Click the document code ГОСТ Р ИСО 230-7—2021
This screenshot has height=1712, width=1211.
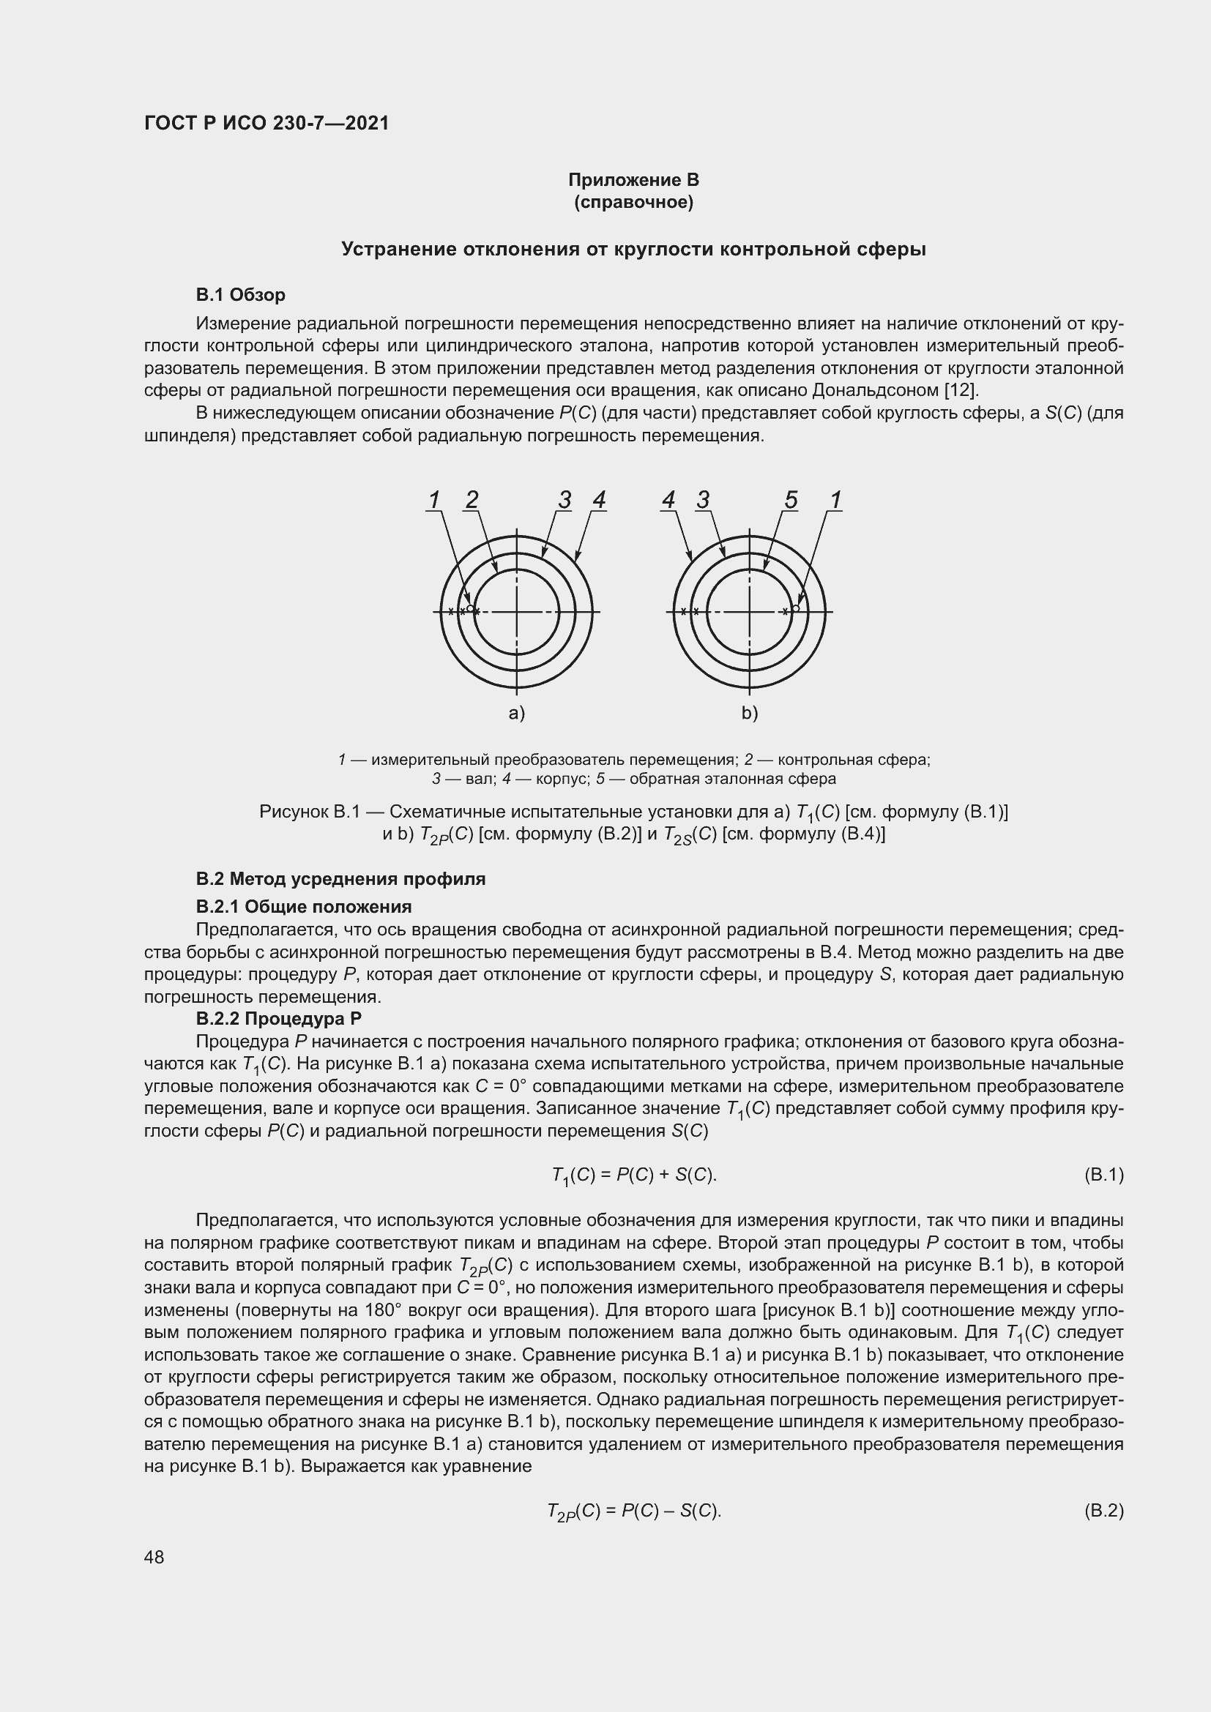pyautogui.click(x=267, y=123)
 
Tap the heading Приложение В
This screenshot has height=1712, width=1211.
pyautogui.click(x=633, y=180)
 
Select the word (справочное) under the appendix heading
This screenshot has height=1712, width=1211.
pyautogui.click(x=633, y=202)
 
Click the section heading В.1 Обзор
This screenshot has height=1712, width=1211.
pyautogui.click(x=240, y=295)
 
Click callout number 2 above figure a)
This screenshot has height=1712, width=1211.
pyautogui.click(x=472, y=500)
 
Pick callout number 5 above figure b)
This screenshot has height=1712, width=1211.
pyautogui.click(x=791, y=500)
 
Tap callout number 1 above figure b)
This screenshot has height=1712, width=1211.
pyautogui.click(x=836, y=500)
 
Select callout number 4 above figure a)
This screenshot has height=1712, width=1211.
pyautogui.click(x=599, y=500)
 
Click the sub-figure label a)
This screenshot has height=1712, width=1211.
pyautogui.click(x=517, y=713)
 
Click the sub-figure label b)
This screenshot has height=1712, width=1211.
pyautogui.click(x=750, y=713)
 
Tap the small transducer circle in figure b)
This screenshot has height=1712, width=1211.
pyautogui.click(x=796, y=608)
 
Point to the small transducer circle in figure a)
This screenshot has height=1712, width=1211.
pyautogui.click(x=470, y=608)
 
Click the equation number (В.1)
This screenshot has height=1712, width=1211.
pyautogui.click(x=1103, y=1176)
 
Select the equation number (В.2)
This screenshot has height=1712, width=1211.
pyautogui.click(x=1103, y=1511)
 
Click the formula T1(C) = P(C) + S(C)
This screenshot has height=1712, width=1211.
pyautogui.click(x=633, y=1176)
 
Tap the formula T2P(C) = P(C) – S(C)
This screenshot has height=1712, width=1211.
pyautogui.click(x=633, y=1511)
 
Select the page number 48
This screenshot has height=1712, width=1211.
pyautogui.click(x=154, y=1557)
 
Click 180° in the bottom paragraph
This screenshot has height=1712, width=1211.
pyautogui.click(x=385, y=1311)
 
